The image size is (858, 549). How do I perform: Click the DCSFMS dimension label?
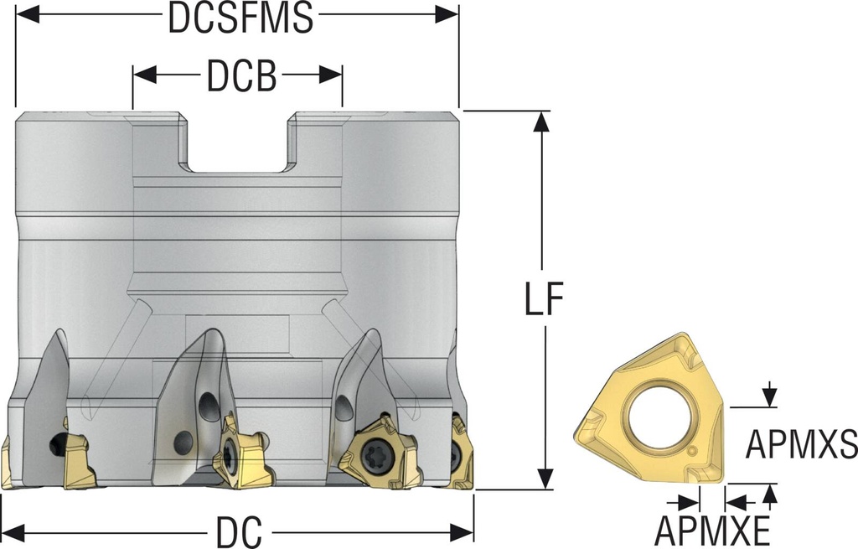(240, 18)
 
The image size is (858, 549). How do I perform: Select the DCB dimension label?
(240, 77)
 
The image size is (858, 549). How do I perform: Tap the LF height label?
(544, 299)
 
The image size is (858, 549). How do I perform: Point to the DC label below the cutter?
(240, 531)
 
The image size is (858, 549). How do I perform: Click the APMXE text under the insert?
(712, 530)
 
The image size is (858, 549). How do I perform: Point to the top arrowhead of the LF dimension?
(542, 122)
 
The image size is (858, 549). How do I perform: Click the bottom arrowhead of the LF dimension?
(544, 478)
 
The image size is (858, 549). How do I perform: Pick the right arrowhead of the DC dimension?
(463, 531)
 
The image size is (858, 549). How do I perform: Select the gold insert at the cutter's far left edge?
(6, 463)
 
